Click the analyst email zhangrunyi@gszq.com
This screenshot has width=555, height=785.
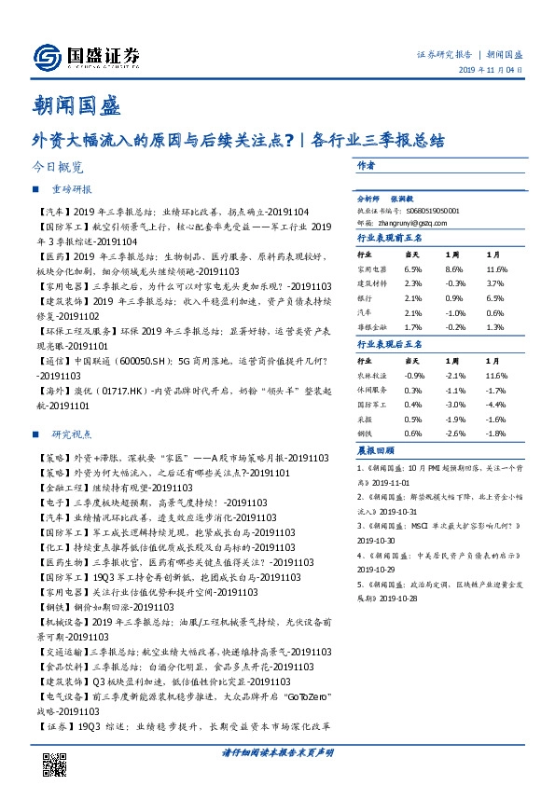tap(395, 223)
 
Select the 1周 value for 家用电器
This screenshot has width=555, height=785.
tap(452, 269)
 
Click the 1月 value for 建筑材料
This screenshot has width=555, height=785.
tap(496, 282)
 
